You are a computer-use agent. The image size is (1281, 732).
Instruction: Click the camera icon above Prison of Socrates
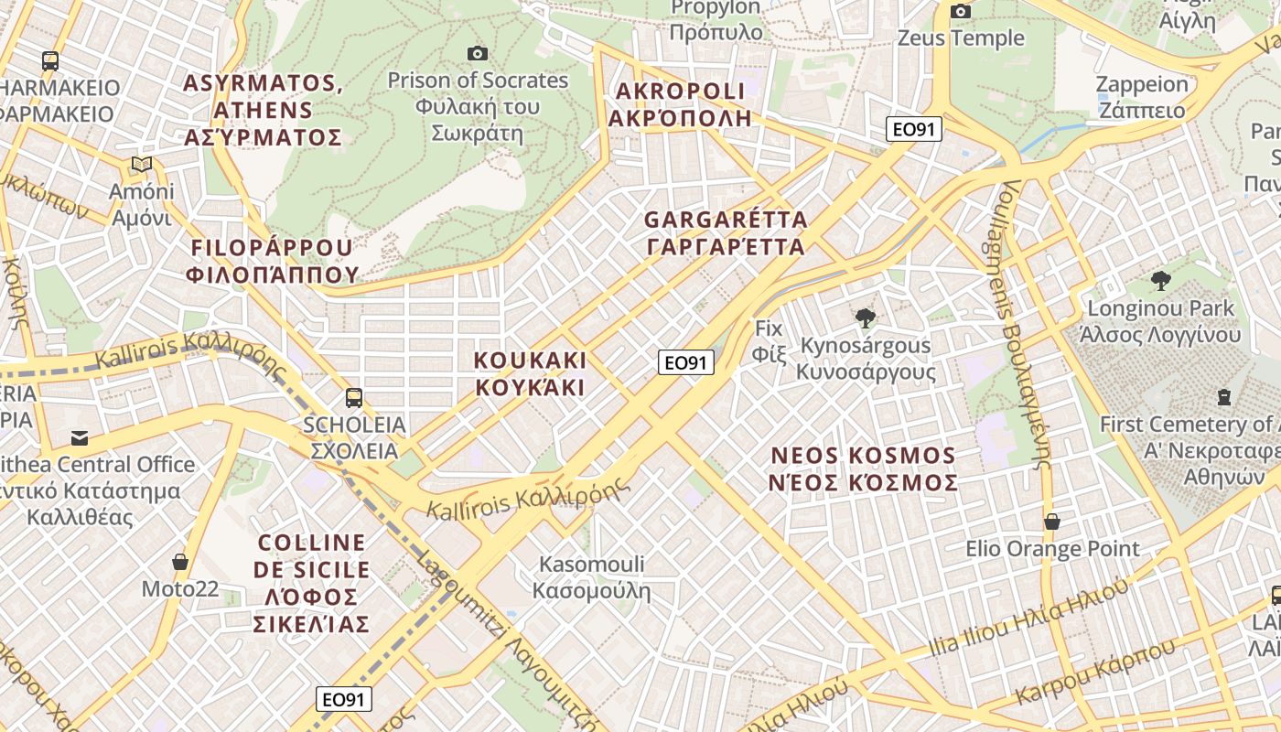pos(477,53)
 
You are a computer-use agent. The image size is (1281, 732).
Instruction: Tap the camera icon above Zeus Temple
pos(961,11)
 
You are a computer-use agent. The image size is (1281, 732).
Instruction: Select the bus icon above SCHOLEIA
pos(354,398)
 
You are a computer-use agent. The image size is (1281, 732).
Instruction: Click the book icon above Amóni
pos(141,165)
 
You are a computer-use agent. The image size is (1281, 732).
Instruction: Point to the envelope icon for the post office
pos(80,437)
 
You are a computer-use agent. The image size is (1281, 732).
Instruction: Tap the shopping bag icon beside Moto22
pos(180,561)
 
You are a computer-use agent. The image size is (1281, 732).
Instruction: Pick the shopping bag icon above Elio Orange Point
pos(1052,522)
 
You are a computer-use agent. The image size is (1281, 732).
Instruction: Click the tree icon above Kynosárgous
pos(865,318)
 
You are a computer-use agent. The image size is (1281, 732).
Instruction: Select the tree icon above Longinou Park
pos(1160,280)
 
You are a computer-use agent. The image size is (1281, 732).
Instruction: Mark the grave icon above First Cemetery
pos(1223,397)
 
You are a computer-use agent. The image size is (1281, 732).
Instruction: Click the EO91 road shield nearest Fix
pos(686,362)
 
